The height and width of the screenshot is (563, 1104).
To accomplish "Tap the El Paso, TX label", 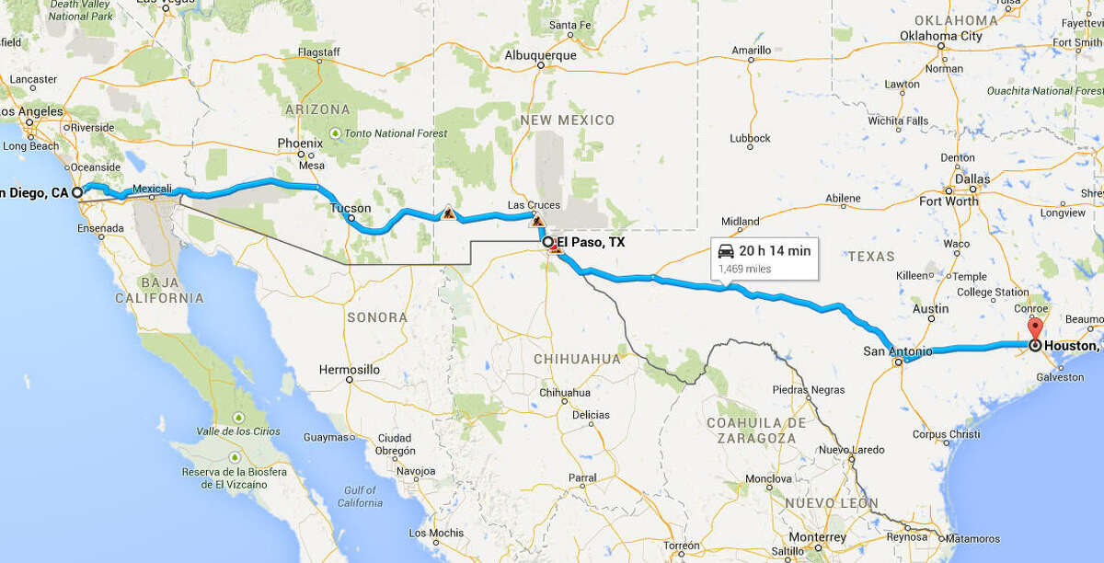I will click(590, 243).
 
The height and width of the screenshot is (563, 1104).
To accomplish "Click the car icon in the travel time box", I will click(727, 250).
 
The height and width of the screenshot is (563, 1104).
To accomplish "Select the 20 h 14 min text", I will click(775, 250).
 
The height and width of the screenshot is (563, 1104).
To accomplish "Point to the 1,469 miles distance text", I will click(745, 269).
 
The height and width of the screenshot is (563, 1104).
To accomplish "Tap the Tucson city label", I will click(351, 209).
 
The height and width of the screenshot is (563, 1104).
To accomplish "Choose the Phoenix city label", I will click(301, 144).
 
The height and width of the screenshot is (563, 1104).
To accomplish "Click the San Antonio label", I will click(897, 351).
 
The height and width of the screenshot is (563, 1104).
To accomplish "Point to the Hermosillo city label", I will click(349, 369).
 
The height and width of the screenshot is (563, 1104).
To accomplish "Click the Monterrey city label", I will click(817, 537).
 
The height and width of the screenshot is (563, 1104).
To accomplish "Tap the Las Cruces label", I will click(528, 205).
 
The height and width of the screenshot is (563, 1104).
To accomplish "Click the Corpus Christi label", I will click(946, 434).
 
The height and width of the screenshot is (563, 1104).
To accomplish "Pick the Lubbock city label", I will click(750, 138).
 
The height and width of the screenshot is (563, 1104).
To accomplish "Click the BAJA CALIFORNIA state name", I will click(159, 290).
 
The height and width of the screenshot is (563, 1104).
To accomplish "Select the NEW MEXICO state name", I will click(568, 121).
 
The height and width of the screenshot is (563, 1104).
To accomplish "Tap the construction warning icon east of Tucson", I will click(448, 213).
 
